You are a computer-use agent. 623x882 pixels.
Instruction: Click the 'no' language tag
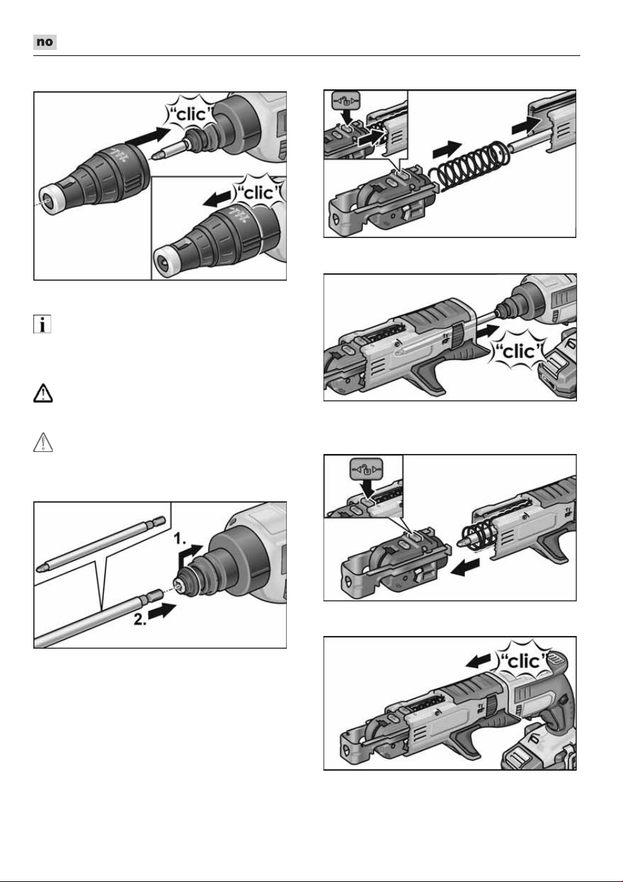point(45,42)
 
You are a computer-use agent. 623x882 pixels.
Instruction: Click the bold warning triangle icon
point(43,393)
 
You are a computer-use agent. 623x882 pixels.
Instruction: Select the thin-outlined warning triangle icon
point(43,442)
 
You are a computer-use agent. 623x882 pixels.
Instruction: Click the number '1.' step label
point(180,539)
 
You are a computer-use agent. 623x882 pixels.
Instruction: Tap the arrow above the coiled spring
point(448,149)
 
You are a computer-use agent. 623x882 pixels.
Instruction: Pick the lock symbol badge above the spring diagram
point(346,101)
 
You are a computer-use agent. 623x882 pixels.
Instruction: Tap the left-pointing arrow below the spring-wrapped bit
point(465,567)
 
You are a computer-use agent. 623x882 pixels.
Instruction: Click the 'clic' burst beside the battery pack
point(519,351)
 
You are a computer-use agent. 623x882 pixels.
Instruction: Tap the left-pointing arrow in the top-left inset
point(217,199)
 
